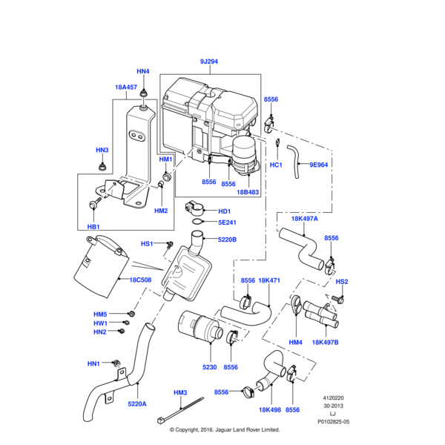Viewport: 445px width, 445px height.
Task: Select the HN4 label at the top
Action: coord(143,72)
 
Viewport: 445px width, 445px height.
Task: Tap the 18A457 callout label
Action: coord(126,87)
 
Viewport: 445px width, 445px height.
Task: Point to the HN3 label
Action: coord(102,151)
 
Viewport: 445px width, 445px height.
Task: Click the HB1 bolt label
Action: coord(93,226)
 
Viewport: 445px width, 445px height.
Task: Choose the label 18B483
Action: coord(248,192)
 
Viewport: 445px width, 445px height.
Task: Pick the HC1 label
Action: coord(276,165)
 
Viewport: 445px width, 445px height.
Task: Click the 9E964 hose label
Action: coord(318,165)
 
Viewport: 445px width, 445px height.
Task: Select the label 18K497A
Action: coord(304,219)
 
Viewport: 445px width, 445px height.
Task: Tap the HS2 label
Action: coord(342,282)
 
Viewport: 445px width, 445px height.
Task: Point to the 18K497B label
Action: coord(325,343)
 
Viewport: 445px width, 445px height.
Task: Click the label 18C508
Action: coord(141,280)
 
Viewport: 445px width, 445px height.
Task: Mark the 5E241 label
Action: coord(226,222)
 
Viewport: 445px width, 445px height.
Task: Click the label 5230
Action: coord(209,366)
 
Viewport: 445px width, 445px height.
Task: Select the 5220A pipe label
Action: coord(137,404)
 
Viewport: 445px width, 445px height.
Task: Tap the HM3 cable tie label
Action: coord(180,392)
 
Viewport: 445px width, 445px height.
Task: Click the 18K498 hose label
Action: coord(269,409)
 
